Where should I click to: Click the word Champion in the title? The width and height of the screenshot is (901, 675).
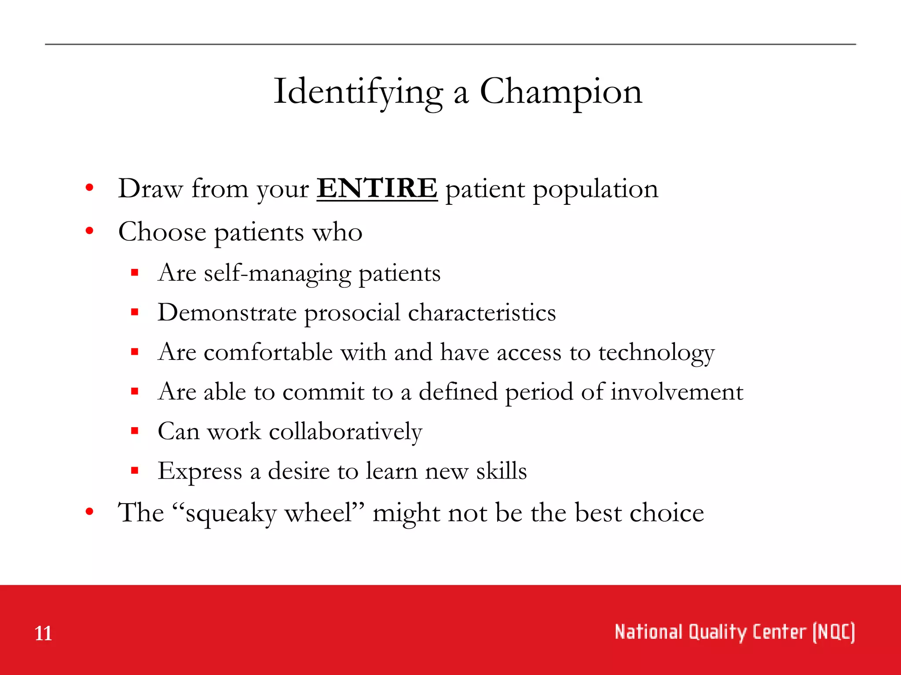click(560, 91)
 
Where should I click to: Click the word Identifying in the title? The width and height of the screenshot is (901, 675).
click(358, 92)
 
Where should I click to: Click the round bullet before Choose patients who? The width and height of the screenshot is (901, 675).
click(90, 231)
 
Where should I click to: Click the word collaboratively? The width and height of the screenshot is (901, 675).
click(345, 432)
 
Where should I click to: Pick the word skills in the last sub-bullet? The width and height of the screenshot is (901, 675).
click(502, 471)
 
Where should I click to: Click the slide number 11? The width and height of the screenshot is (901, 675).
click(43, 633)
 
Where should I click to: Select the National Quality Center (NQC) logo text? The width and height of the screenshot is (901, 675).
click(735, 632)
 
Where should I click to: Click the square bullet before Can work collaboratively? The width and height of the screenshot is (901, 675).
click(135, 431)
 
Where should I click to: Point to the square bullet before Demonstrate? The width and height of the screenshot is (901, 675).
click(135, 312)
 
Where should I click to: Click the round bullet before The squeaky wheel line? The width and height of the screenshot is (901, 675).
click(90, 512)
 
